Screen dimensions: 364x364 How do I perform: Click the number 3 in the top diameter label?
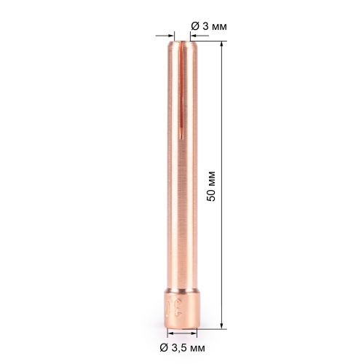pyautogui.click(x=204, y=25)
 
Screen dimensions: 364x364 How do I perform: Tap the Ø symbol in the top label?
pyautogui.click(x=195, y=25)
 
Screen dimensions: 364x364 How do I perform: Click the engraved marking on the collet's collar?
pyautogui.click(x=173, y=306)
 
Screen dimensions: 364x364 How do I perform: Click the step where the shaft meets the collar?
pyautogui.click(x=181, y=290)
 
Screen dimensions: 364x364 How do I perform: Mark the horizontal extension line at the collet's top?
pyautogui.click(x=207, y=41)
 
